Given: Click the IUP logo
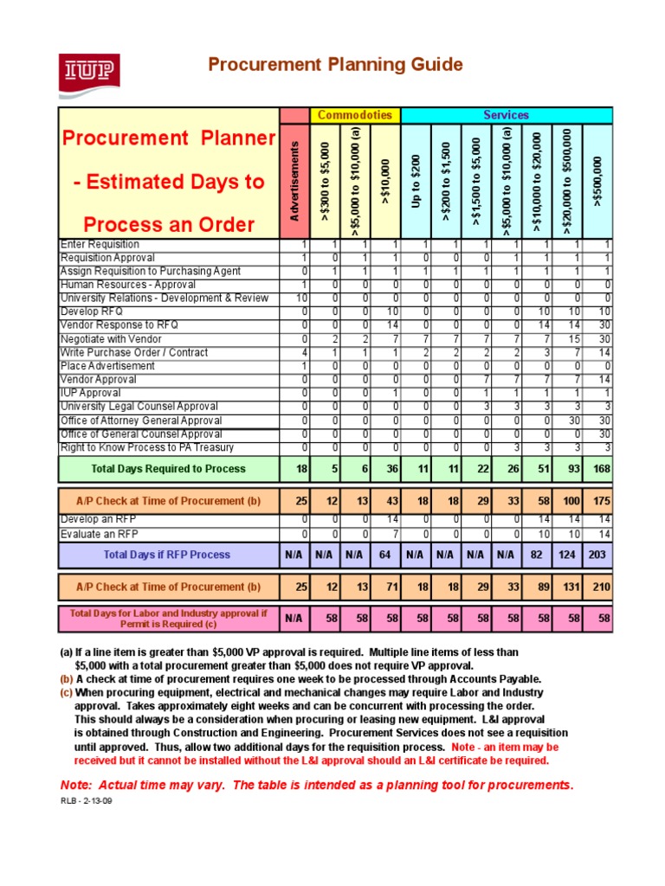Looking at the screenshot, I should [89, 73].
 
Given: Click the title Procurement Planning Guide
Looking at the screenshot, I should [333, 65].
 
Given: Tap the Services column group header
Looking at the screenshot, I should [507, 115].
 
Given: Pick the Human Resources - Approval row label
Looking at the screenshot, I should [127, 285].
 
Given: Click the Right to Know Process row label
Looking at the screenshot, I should [146, 447].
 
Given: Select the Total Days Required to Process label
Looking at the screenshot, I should [168, 469].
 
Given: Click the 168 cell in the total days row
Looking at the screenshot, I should [598, 469].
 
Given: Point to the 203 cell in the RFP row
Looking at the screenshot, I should [598, 555].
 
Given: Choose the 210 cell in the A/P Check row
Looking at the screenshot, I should [598, 587].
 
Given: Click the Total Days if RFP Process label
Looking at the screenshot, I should [167, 555].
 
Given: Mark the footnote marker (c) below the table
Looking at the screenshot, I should [66, 693].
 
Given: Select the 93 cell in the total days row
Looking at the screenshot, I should [568, 469].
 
